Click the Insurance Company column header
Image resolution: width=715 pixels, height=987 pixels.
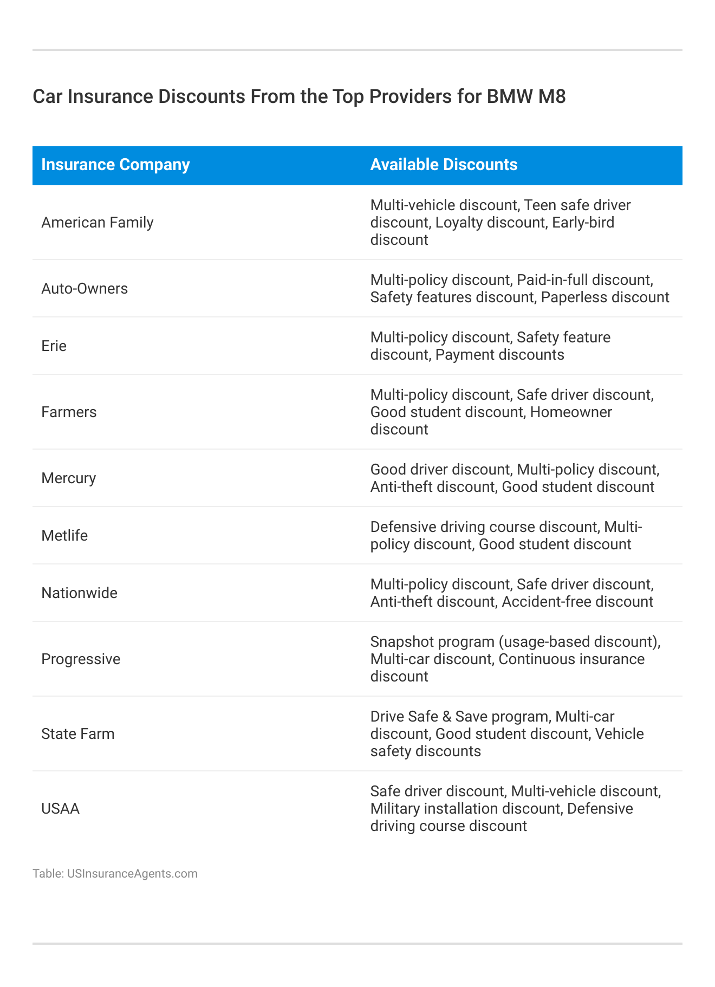(115, 165)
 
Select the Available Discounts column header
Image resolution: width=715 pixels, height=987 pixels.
(444, 165)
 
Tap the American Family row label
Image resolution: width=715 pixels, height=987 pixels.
(97, 223)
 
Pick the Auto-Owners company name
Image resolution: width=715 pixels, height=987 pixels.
(84, 289)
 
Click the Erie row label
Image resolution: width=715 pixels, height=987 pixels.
(54, 346)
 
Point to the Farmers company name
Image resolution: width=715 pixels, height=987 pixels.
(69, 412)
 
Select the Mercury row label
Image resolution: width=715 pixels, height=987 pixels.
(68, 478)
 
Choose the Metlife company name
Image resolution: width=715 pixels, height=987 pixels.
(64, 536)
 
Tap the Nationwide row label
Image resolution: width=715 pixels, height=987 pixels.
(79, 593)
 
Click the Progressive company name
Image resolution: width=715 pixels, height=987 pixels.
(81, 659)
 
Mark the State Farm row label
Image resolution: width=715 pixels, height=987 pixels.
(78, 734)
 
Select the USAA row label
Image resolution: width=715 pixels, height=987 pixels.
(60, 809)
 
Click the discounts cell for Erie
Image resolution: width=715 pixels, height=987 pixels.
(490, 346)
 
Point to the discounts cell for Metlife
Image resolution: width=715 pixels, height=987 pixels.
(506, 536)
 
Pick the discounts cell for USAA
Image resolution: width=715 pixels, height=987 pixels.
(515, 809)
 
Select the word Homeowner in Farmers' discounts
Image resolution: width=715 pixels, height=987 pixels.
(571, 412)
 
